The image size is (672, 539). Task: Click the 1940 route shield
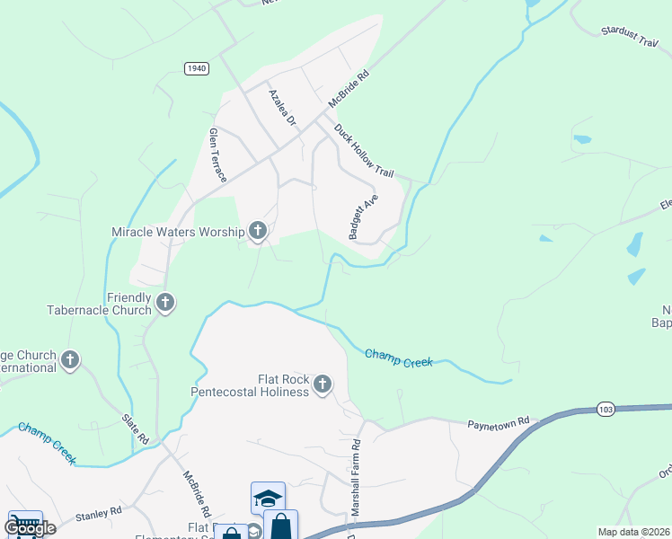(x=197, y=68)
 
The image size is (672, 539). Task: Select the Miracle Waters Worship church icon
(x=258, y=232)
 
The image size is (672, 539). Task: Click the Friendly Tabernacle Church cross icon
(x=165, y=303)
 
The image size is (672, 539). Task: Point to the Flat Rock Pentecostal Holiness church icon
(x=323, y=385)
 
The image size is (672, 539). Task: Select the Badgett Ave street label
(x=364, y=216)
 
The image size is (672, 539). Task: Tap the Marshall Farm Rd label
(x=356, y=476)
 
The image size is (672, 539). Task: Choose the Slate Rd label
(x=137, y=428)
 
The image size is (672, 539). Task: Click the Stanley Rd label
(x=98, y=514)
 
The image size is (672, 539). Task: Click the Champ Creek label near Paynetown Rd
(x=399, y=358)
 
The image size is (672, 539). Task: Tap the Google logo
(x=30, y=528)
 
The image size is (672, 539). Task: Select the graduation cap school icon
(x=268, y=498)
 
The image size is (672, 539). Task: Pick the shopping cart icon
(x=24, y=522)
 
